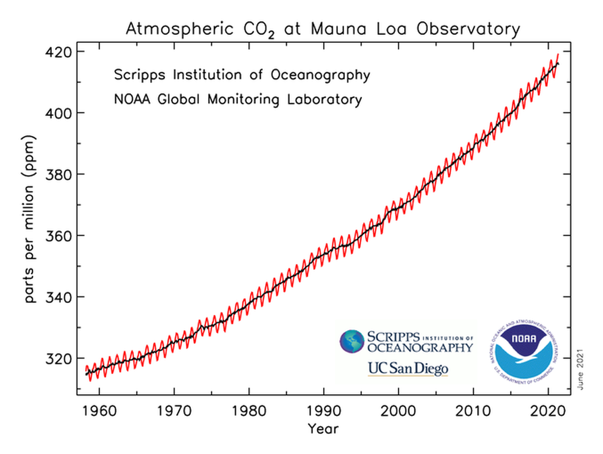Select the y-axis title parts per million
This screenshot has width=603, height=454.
(30, 220)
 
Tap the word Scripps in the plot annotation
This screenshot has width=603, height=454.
(141, 75)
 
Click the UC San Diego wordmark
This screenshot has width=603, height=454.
(408, 368)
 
